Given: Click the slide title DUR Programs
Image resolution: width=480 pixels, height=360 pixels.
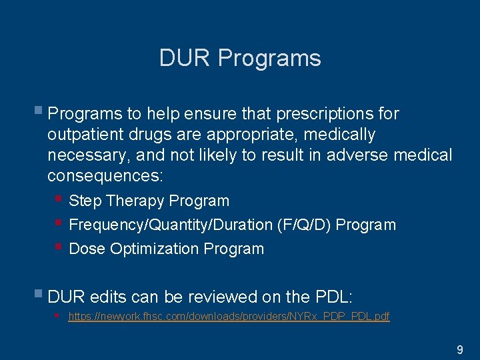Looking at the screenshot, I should tap(240, 58).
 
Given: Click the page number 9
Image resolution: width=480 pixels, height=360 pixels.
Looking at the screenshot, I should tap(459, 349).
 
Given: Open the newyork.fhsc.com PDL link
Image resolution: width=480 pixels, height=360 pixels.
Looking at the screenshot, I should tap(229, 317).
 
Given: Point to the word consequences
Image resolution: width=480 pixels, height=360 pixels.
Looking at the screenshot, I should tap(105, 177).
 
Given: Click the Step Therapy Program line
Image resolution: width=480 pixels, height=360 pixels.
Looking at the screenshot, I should tap(149, 201).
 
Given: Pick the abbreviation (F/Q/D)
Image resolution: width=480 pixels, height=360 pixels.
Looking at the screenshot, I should tap(303, 225).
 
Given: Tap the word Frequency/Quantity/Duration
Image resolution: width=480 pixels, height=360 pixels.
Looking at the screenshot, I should tap(170, 225).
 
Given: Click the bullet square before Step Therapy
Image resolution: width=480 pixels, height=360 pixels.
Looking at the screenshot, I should tap(59, 199).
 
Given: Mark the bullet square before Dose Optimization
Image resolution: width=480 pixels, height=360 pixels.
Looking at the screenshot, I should tap(59, 247).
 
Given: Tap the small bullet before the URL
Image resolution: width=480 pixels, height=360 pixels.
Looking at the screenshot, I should tap(59, 315).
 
